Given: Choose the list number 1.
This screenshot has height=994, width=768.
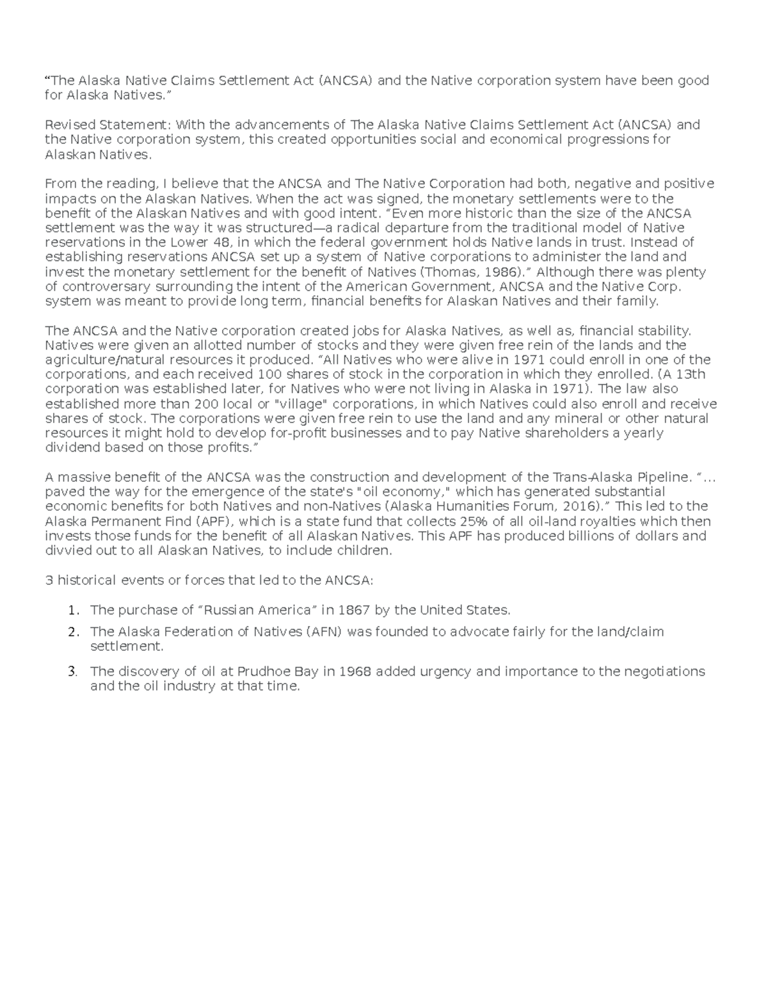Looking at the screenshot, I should pos(74,610).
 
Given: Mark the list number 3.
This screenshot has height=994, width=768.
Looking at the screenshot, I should pos(74,672).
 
